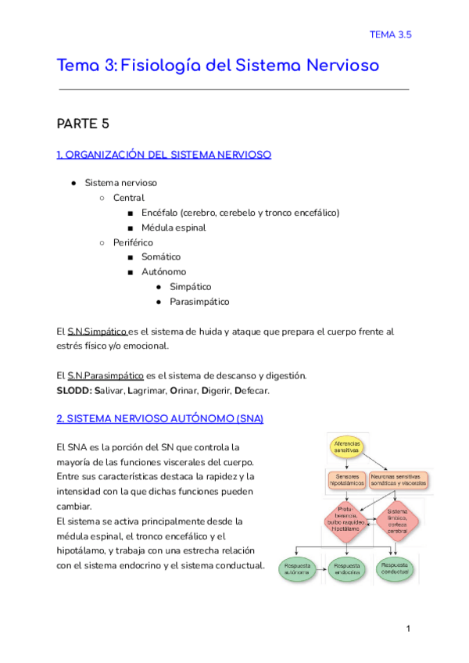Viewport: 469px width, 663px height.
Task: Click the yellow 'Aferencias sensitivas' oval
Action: [x=345, y=447]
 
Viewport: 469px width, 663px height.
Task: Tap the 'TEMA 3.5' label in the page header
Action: [x=390, y=34]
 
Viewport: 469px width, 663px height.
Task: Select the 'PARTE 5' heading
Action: [x=83, y=124]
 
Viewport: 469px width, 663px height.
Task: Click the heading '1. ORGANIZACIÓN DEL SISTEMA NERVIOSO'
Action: [x=164, y=155]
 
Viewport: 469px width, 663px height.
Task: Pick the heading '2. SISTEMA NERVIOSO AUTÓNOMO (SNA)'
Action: [x=160, y=419]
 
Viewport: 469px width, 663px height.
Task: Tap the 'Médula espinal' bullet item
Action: [x=174, y=228]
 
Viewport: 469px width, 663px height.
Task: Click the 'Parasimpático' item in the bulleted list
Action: [x=199, y=301]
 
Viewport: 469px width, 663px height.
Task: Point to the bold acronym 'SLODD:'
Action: [x=74, y=389]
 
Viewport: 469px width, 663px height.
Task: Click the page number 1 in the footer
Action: [x=408, y=629]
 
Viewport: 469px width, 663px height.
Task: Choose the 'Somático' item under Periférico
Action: [x=161, y=256]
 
